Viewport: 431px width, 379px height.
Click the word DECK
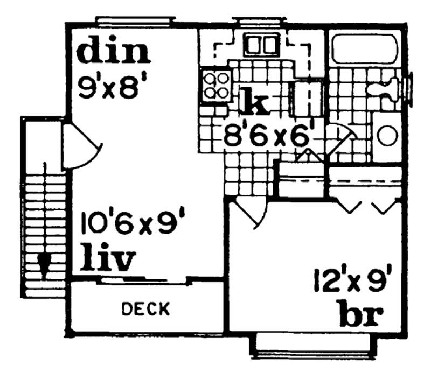(145, 309)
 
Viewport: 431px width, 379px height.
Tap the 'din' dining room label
(113, 52)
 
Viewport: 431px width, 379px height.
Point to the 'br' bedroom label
(360, 314)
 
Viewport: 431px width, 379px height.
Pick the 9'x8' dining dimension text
(112, 86)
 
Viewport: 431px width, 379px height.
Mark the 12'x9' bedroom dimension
(356, 282)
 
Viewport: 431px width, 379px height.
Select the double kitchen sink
(259, 44)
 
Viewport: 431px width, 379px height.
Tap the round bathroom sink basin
(387, 135)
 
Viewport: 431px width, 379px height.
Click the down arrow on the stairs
(44, 263)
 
